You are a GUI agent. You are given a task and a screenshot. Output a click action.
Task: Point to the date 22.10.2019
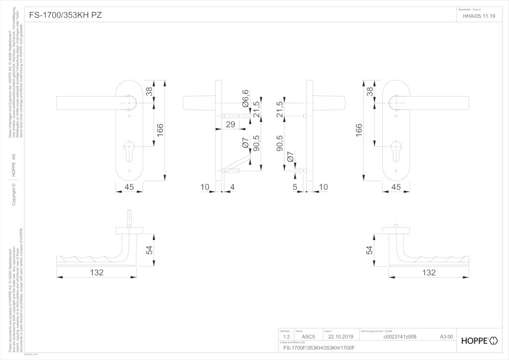341,337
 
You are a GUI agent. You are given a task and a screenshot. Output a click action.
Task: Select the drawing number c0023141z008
399,337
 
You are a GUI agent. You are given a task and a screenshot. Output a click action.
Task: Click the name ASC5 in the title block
308,337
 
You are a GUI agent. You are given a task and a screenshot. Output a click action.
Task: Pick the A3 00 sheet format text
446,337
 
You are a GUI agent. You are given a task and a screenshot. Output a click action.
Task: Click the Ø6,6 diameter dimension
245,97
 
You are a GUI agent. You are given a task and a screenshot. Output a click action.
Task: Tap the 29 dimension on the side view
230,124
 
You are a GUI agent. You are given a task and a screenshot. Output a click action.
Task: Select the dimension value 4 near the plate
233,187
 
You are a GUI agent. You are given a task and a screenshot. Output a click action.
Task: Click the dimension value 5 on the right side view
295,187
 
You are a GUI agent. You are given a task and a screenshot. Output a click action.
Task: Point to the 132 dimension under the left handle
97,272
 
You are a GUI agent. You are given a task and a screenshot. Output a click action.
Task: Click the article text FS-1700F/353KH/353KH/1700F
319,348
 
